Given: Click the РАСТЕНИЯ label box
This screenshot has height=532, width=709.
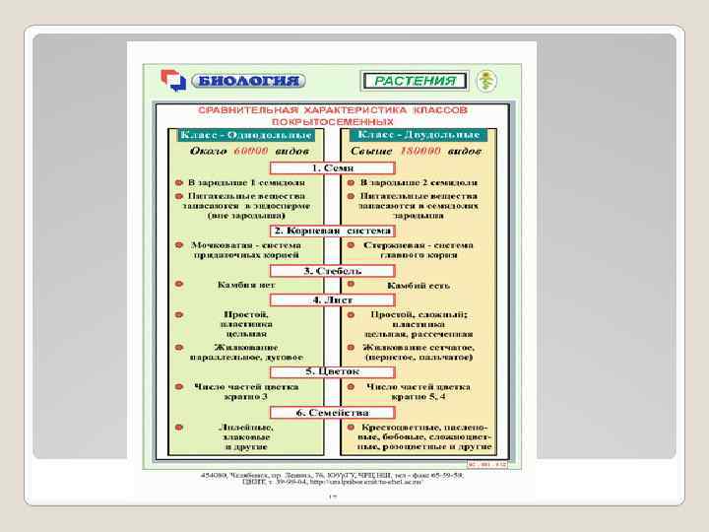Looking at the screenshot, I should pyautogui.click(x=416, y=81).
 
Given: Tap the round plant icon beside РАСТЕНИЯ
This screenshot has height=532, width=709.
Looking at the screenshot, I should pyautogui.click(x=484, y=81).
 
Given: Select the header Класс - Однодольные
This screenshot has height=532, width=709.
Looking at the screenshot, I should pyautogui.click(x=246, y=134).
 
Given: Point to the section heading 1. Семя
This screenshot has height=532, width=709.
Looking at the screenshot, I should pyautogui.click(x=333, y=168).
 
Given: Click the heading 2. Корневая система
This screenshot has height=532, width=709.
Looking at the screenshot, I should pyautogui.click(x=333, y=230).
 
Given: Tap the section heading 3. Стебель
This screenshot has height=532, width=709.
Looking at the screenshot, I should pyautogui.click(x=333, y=270).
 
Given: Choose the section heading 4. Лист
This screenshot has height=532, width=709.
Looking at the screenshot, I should pyautogui.click(x=333, y=299).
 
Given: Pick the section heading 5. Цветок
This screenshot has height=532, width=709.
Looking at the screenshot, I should pyautogui.click(x=333, y=370).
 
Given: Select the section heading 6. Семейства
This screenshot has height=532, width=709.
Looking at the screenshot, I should pyautogui.click(x=333, y=412).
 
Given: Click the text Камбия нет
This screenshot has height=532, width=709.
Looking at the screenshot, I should pyautogui.click(x=245, y=284).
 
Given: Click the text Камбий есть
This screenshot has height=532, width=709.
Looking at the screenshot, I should pyautogui.click(x=419, y=284).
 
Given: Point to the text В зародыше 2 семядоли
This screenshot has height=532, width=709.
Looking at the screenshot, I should pyautogui.click(x=419, y=183).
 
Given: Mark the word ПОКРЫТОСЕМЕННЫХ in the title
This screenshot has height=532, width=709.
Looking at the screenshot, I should pyautogui.click(x=333, y=119).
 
